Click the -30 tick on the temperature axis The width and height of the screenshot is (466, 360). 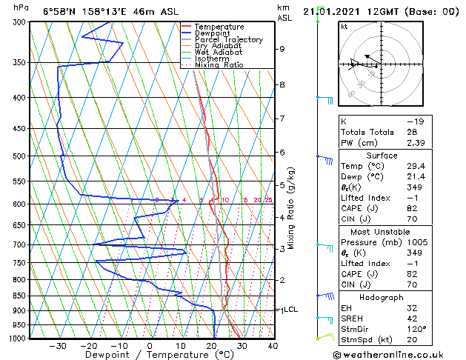(57, 345)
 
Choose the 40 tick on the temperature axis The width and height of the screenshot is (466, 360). (273, 345)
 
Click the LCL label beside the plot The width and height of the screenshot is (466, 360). (290, 310)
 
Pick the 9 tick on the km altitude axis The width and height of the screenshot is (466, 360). (282, 49)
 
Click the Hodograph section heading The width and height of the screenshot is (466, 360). (382, 297)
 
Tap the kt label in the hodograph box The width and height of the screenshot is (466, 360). (344, 27)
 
